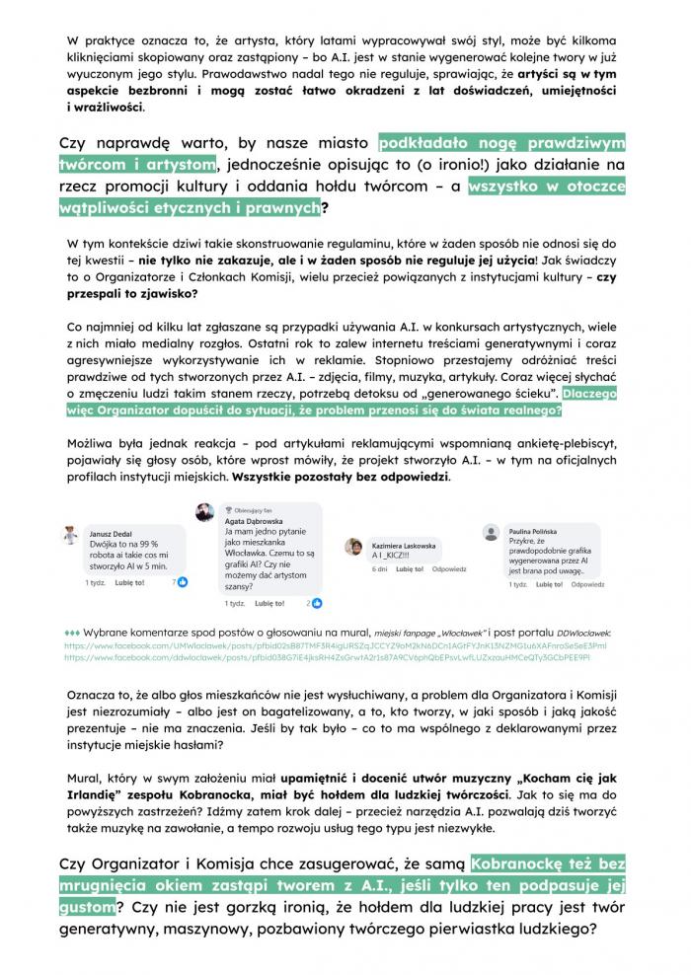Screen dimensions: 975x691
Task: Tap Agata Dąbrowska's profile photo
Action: pyautogui.click(x=204, y=512)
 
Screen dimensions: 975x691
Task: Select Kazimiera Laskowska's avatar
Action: pyautogui.click(x=353, y=547)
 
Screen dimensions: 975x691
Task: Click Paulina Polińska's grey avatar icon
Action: pyautogui.click(x=492, y=533)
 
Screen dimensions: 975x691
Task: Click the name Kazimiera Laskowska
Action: pyautogui.click(x=404, y=545)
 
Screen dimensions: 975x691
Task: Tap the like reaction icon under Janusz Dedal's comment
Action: pyautogui.click(x=183, y=582)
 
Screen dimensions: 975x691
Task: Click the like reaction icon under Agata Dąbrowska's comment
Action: pyautogui.click(x=317, y=602)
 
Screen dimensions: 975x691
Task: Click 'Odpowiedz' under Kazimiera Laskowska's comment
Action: pyautogui.click(x=449, y=569)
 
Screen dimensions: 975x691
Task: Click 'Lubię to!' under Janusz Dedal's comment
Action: pyautogui.click(x=129, y=583)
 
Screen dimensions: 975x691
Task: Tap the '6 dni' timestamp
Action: pyautogui.click(x=379, y=569)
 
